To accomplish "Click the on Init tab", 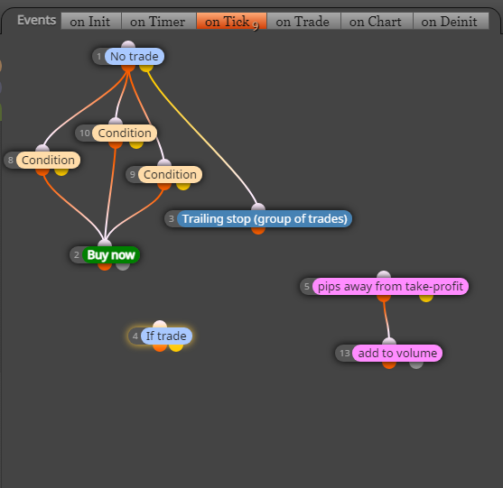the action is click(91, 21).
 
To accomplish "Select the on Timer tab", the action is click(158, 21).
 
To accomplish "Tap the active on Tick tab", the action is click(231, 21).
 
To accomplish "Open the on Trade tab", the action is click(303, 21).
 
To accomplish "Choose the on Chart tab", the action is click(377, 21).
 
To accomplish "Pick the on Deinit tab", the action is click(451, 21).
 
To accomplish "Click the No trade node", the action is click(134, 57).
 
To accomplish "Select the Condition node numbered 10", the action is click(125, 133).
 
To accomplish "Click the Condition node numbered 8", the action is click(48, 160).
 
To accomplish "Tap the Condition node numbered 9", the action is click(170, 175).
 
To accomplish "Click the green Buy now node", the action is click(111, 255).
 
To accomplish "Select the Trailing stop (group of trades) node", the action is click(265, 219).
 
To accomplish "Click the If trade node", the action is click(166, 336).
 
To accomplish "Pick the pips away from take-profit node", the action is click(390, 287).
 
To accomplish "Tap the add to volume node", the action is click(397, 353).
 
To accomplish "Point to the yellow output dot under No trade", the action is click(146, 68).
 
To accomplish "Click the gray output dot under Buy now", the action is click(123, 266).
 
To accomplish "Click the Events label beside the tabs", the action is click(36, 20).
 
